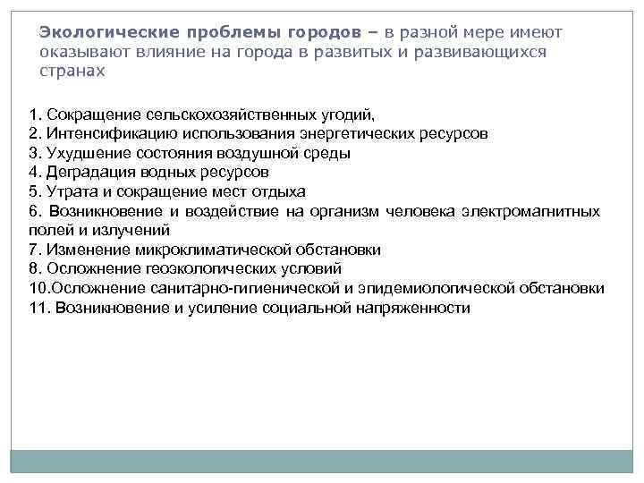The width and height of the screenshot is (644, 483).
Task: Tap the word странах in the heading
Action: click(72, 70)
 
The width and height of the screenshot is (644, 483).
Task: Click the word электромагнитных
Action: click(532, 211)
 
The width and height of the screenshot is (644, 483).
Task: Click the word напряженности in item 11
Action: click(409, 307)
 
